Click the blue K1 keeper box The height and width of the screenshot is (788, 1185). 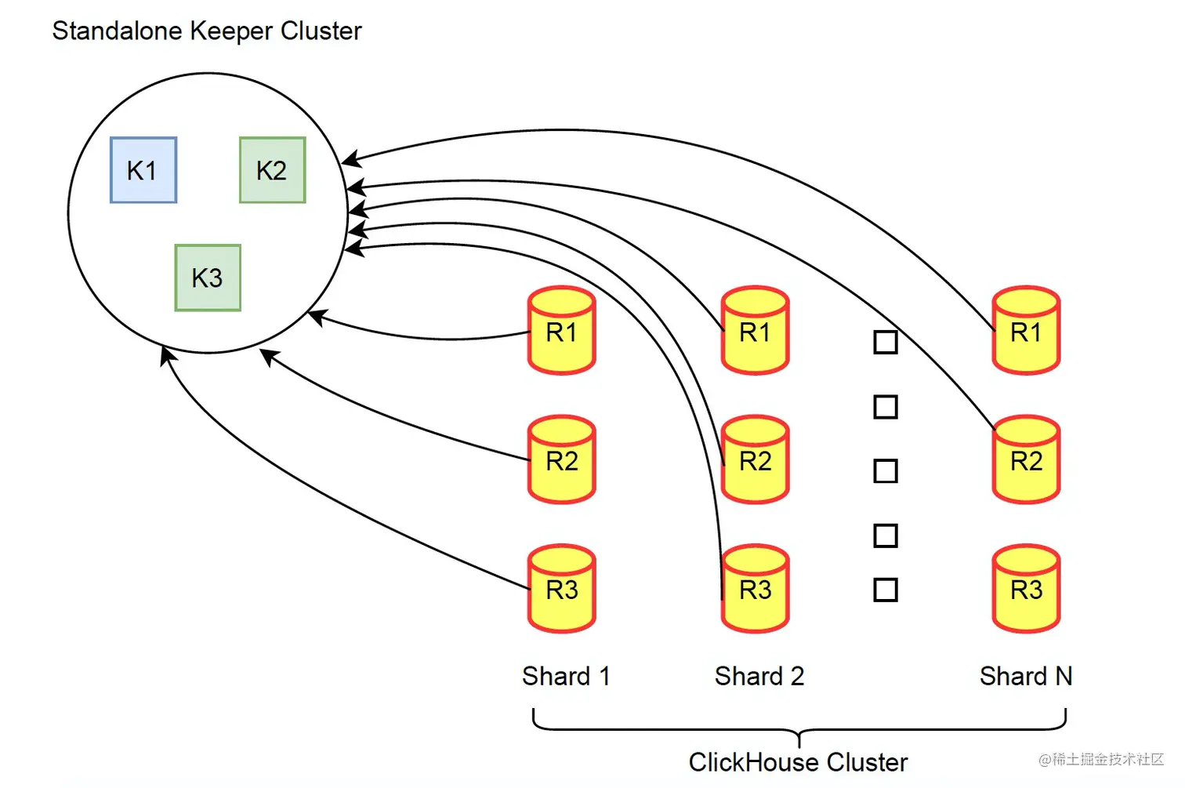pos(143,170)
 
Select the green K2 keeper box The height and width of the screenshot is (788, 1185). pos(272,170)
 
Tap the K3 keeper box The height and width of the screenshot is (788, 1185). pos(208,278)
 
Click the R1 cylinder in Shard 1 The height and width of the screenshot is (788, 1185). pos(562,331)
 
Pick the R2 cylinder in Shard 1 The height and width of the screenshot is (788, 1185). pos(562,460)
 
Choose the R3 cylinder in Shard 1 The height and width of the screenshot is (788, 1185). pos(562,589)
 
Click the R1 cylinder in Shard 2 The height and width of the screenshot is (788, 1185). pos(756,331)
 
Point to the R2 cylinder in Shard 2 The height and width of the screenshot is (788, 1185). pos(756,460)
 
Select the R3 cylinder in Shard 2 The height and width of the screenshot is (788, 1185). pos(756,589)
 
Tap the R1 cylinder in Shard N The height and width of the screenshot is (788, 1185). pos(1026,331)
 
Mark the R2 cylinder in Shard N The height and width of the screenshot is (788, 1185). pos(1026,460)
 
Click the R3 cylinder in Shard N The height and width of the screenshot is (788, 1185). pos(1026,589)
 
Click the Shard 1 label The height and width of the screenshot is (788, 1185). pos(566,676)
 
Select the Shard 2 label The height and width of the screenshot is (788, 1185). pos(759,676)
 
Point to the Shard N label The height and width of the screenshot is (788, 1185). pos(1025,676)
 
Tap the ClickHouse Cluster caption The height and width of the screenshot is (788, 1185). pos(798,762)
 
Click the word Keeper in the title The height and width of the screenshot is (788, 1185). pos(232,31)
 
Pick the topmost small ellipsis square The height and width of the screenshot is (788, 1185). pos(886,343)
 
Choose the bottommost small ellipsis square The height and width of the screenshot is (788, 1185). pos(886,590)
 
